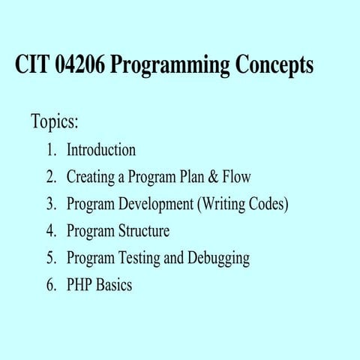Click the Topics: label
click(x=55, y=121)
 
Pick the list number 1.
click(x=51, y=149)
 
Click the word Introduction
click(x=101, y=149)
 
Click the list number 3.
click(x=51, y=204)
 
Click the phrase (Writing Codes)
click(x=242, y=204)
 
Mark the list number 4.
click(x=51, y=231)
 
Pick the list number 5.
click(x=51, y=258)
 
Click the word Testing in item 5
click(x=139, y=259)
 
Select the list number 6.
click(x=51, y=285)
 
